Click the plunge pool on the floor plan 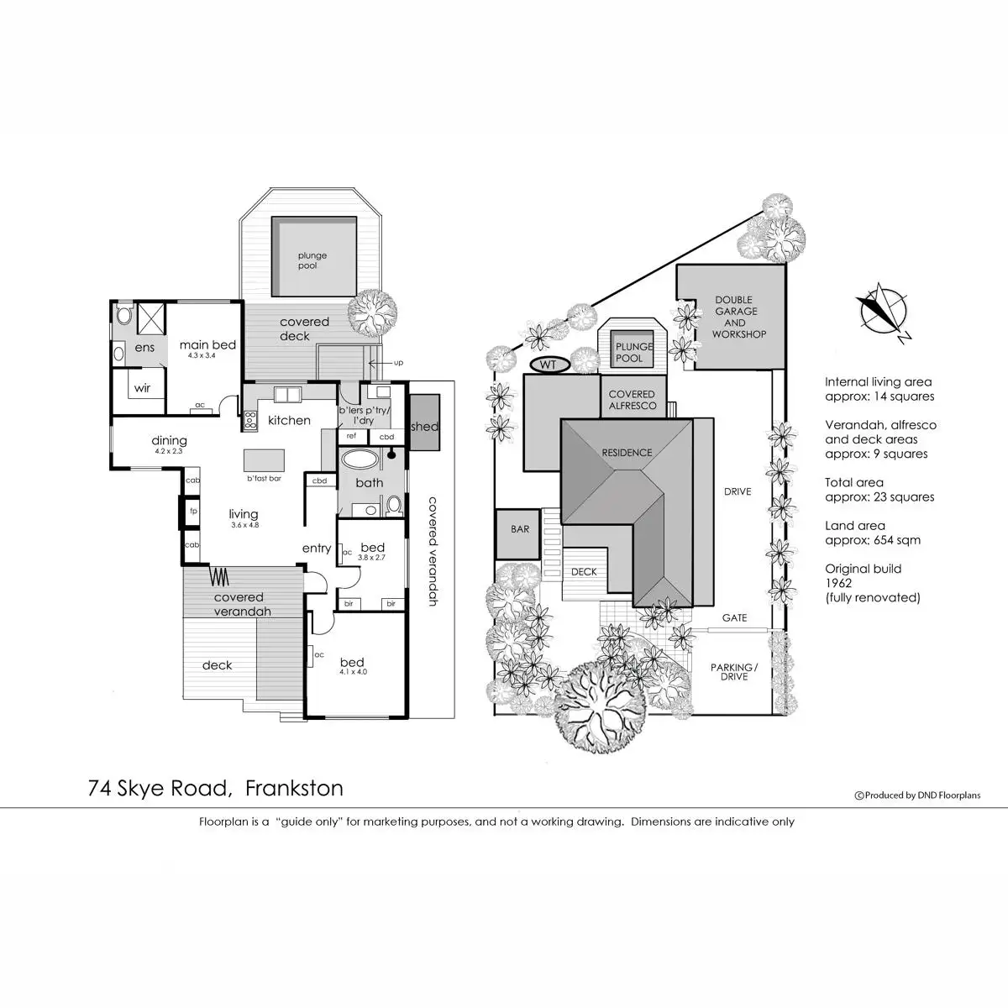point(312,257)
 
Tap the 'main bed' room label point(207,345)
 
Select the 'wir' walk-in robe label point(142,388)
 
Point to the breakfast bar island point(264,461)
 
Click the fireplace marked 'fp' point(193,511)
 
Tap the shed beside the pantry point(424,427)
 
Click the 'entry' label point(317,549)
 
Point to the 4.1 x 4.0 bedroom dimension point(353,672)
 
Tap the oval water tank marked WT point(548,365)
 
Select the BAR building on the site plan point(520,530)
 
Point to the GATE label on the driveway point(734,618)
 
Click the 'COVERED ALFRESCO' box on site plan point(632,400)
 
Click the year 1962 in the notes point(839,583)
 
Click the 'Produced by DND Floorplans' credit point(916,795)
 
